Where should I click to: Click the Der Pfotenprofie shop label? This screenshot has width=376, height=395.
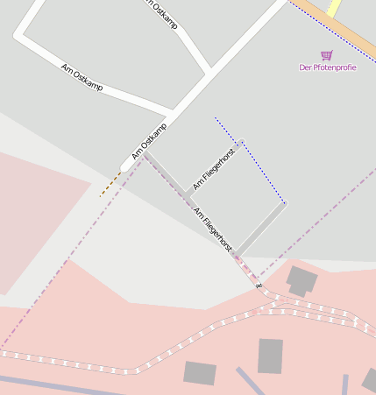(327, 67)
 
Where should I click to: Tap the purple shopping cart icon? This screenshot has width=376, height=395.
(327, 55)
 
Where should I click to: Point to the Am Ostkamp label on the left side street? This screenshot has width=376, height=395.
(82, 76)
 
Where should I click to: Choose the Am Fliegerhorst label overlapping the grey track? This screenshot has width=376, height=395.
(212, 228)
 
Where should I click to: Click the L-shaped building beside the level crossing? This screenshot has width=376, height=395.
(302, 281)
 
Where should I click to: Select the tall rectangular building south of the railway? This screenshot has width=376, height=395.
(271, 356)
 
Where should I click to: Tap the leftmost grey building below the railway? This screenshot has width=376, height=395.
(199, 372)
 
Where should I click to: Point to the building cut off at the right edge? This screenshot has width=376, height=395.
(370, 379)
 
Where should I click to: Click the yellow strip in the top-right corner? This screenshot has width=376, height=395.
(333, 7)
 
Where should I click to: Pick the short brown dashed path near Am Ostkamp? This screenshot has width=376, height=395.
(110, 184)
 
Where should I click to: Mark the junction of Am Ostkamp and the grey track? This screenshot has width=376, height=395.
(144, 154)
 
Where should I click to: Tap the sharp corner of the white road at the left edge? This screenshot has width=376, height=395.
(18, 38)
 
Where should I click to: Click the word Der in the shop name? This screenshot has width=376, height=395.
(305, 67)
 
